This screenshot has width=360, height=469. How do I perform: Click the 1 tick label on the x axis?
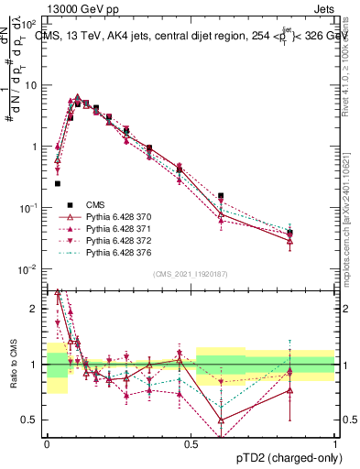point(334,442)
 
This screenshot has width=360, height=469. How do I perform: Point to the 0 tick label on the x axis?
point(47,442)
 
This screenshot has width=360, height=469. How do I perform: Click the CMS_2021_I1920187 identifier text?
point(191,274)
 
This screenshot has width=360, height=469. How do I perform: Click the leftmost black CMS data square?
point(58,183)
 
